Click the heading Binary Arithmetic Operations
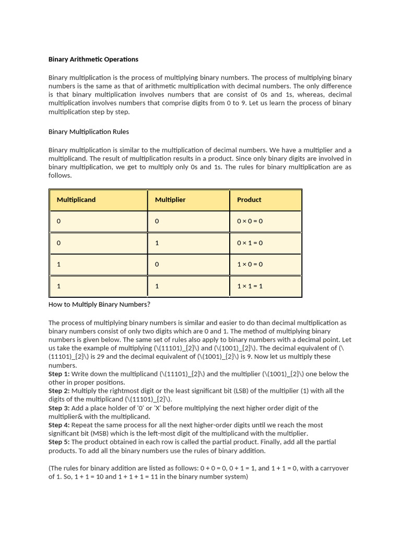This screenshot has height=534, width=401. tap(93, 59)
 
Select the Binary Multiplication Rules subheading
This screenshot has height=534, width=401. tap(88, 131)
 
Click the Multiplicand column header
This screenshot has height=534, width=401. tap(76, 200)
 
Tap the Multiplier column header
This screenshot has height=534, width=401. tap(170, 200)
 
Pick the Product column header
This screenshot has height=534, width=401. tap(249, 200)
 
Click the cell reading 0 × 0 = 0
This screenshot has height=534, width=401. tap(250, 221)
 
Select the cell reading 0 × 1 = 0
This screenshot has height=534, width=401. tap(250, 243)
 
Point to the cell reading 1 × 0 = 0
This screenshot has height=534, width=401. tap(250, 264)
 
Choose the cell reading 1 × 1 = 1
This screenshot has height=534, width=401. tap(250, 286)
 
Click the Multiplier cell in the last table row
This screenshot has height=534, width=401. tap(157, 286)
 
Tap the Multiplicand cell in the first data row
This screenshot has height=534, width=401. tap(59, 221)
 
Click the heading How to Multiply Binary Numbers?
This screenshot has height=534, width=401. tap(99, 305)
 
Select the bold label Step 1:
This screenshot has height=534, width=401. tap(59, 374)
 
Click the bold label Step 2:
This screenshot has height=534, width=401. tap(59, 391)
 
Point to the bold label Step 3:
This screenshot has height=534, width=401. tap(59, 408)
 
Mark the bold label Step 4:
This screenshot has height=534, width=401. tap(59, 425)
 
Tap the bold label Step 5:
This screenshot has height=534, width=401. tap(59, 442)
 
